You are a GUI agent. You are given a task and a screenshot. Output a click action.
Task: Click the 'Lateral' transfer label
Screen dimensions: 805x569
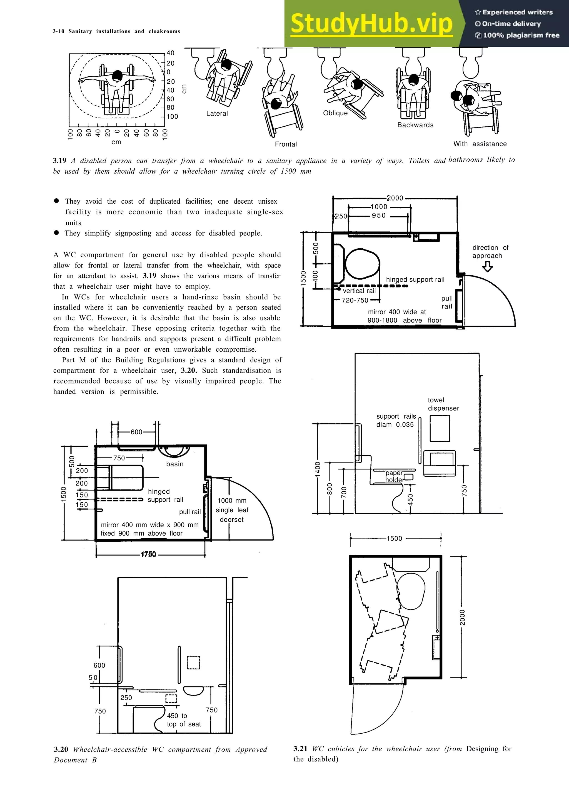click(x=217, y=114)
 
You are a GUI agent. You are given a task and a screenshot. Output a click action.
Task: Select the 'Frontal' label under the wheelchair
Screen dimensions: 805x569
click(x=286, y=144)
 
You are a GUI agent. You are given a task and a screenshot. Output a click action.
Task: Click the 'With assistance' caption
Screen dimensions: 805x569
click(x=480, y=144)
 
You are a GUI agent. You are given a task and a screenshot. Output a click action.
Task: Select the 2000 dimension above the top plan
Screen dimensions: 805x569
click(x=395, y=198)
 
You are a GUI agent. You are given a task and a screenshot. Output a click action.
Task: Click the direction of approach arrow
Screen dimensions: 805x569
click(x=487, y=267)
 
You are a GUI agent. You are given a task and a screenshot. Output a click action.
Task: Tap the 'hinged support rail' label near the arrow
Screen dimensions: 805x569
click(x=415, y=280)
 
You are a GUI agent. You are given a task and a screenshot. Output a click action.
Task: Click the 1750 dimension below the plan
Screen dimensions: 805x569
click(x=148, y=555)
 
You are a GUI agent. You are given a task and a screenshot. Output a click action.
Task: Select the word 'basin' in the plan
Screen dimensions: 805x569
click(x=174, y=464)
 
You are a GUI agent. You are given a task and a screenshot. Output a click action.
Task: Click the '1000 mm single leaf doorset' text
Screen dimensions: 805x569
click(x=232, y=510)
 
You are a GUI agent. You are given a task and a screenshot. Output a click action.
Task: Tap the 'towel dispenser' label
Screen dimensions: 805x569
click(x=443, y=404)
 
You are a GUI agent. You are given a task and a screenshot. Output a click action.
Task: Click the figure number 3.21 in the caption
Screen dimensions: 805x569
click(x=300, y=749)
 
